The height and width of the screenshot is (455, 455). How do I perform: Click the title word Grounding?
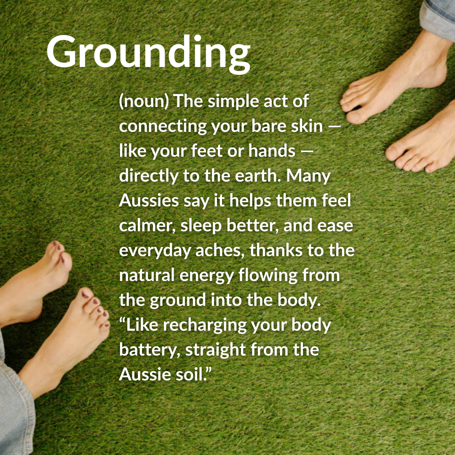pyautogui.click(x=148, y=54)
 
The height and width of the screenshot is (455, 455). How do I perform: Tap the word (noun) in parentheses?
pyautogui.click(x=144, y=101)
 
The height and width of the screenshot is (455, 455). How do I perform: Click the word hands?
pyautogui.click(x=272, y=150)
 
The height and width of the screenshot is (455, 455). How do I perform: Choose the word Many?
pyautogui.click(x=308, y=176)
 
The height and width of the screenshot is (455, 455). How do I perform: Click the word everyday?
pyautogui.click(x=155, y=251)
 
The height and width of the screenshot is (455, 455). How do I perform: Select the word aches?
pyautogui.click(x=220, y=251)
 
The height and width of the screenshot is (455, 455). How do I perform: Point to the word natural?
pyautogui.click(x=147, y=275)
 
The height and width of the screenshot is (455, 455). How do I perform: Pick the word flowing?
pyautogui.click(x=268, y=276)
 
